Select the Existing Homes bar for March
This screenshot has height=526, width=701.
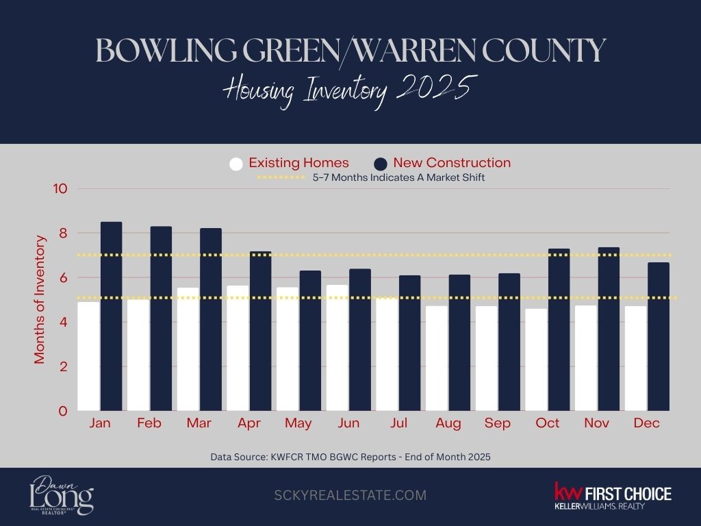click(188, 349)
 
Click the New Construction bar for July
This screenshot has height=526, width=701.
click(409, 343)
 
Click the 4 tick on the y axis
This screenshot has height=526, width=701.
click(64, 323)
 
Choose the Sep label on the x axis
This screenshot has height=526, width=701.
click(497, 423)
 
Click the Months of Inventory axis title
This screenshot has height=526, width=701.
click(40, 299)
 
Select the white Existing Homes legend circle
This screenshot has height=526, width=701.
click(236, 164)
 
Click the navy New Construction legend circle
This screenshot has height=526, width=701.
click(381, 164)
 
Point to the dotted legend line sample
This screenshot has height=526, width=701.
click(281, 178)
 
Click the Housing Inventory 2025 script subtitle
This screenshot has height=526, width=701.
click(350, 92)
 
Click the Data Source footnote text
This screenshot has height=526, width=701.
click(350, 456)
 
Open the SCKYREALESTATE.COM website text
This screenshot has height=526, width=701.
click(350, 495)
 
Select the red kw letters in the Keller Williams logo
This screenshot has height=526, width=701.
click(568, 492)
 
